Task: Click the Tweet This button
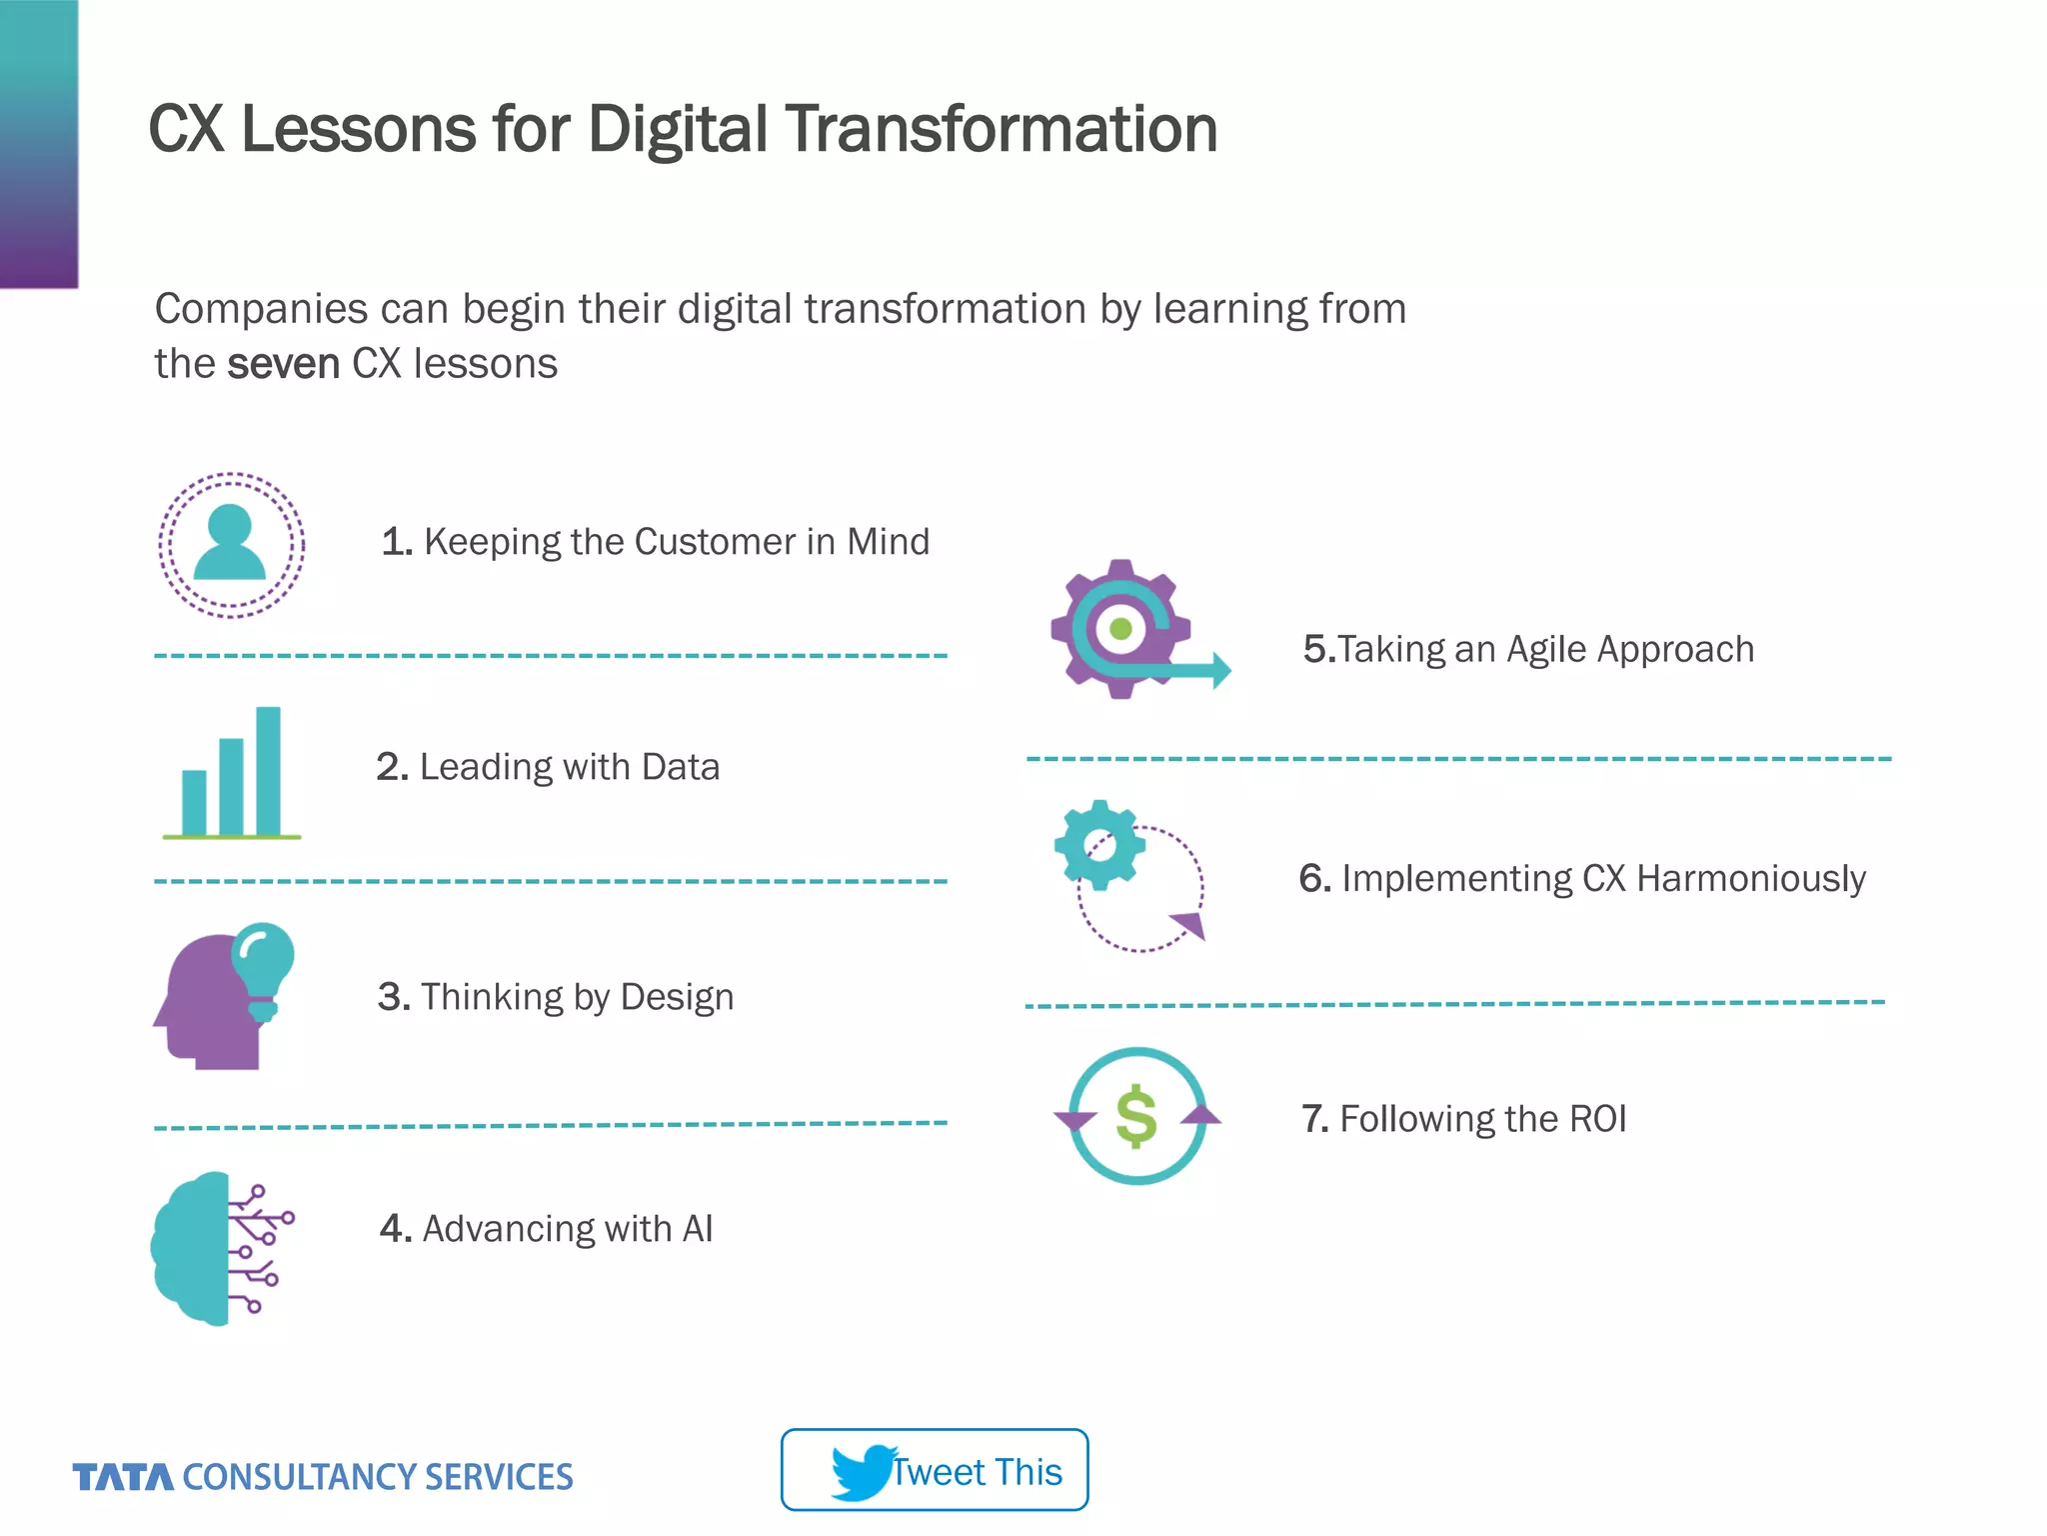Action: pos(934,1469)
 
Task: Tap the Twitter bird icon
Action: pos(862,1471)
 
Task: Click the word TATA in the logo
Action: pos(123,1477)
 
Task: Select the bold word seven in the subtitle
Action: pos(284,364)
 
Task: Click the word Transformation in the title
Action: pos(1002,130)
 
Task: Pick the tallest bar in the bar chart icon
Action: pos(268,770)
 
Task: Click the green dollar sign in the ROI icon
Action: pos(1136,1116)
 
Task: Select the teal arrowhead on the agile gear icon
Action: pos(1221,670)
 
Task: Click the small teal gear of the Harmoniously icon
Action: pos(1099,845)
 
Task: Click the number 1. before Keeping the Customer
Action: pos(396,542)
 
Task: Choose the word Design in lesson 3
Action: pos(677,997)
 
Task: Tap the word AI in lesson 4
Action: pos(697,1229)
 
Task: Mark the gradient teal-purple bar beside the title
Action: pos(38,144)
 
